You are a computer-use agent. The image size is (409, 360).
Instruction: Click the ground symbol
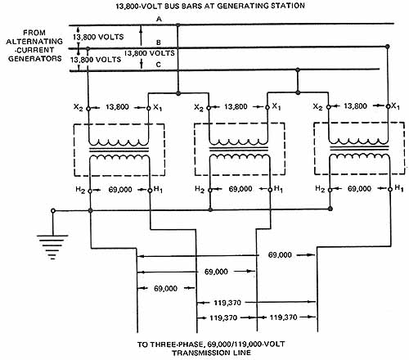pos(52,246)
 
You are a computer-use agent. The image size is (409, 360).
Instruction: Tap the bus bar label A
pos(160,19)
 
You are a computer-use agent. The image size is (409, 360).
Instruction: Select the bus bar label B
pos(159,43)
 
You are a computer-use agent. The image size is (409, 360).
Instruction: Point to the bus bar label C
pos(159,65)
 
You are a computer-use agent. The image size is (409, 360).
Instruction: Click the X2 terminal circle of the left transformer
pos(88,109)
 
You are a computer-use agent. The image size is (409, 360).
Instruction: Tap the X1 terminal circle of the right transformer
pos(388,106)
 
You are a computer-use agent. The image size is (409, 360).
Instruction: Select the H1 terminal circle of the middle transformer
pos(270,190)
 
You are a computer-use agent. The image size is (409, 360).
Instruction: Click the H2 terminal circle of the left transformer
pos(90,191)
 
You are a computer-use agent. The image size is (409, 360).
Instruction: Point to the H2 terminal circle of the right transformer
pos(330,190)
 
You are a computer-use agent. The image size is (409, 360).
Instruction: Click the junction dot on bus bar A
pos(178,25)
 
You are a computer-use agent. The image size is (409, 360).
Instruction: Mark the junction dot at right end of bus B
pos(388,47)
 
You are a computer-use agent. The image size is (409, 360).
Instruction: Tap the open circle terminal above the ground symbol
pos(53,211)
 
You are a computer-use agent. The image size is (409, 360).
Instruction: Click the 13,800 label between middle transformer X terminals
pos(236,106)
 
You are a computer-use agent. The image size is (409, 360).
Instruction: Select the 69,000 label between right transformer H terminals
pos(359,189)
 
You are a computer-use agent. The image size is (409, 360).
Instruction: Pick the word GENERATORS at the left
pos(35,59)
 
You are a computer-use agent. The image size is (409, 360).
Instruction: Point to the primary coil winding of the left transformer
pos(119,142)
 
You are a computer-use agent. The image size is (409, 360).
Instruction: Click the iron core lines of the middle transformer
pos(239,149)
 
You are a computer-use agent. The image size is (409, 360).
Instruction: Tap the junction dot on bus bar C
pos(298,70)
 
